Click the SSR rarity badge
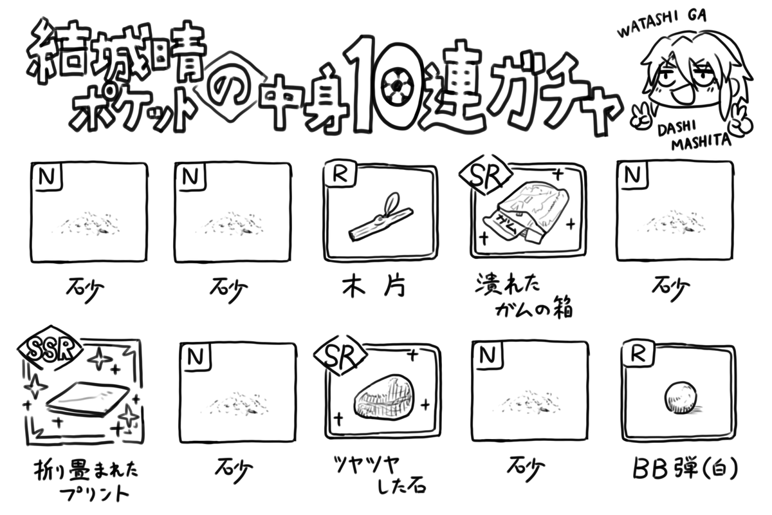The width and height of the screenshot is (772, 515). point(51,349)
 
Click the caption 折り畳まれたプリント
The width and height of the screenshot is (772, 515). point(86,480)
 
